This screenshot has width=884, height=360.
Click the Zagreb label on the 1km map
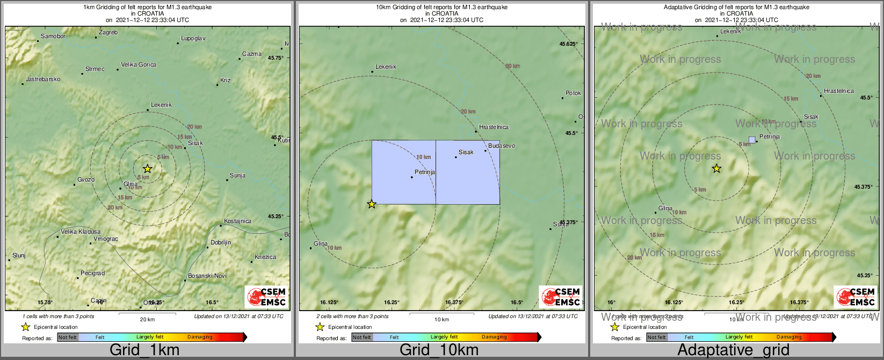click(108, 33)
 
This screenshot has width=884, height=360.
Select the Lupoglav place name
click(193, 39)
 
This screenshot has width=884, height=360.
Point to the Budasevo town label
click(501, 146)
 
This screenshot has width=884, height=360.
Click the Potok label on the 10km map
click(573, 93)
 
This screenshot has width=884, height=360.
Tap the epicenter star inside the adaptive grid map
click(716, 169)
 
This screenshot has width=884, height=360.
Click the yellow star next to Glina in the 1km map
click(148, 169)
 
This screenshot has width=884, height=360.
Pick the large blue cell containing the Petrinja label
click(403, 172)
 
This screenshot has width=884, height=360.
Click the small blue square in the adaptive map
click(752, 140)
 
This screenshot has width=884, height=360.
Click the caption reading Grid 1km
click(144, 350)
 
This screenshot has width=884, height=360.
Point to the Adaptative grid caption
click(733, 350)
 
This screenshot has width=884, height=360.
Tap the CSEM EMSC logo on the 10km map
click(561, 297)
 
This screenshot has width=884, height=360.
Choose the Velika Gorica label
click(139, 65)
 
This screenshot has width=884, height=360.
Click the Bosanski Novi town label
click(207, 276)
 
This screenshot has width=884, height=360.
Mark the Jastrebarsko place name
click(43, 80)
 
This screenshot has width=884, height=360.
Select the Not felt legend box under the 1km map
click(68, 337)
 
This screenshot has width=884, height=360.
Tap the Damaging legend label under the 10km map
click(494, 337)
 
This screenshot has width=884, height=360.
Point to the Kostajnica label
click(237, 221)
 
